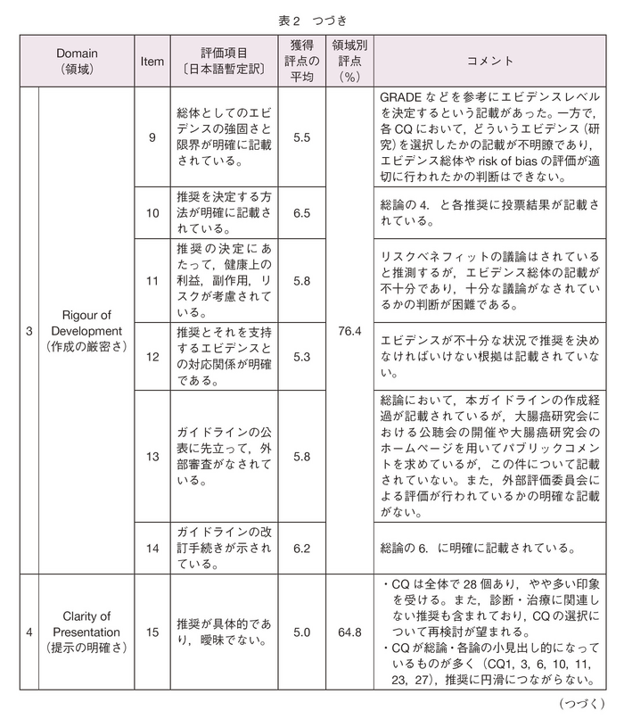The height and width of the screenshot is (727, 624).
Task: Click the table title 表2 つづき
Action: click(x=312, y=18)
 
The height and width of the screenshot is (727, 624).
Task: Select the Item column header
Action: click(x=152, y=61)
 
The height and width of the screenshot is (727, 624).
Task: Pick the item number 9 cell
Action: click(x=152, y=137)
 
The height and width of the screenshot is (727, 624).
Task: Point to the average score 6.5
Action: click(x=301, y=213)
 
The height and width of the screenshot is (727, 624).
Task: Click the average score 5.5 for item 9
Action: click(x=301, y=137)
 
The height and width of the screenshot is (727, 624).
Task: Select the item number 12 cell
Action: click(x=152, y=357)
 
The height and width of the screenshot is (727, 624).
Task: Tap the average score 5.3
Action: click(x=301, y=357)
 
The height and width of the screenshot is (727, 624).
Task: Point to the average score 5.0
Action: click(x=301, y=632)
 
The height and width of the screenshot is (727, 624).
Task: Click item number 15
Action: click(x=152, y=632)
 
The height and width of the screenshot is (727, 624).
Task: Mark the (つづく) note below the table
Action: click(x=582, y=705)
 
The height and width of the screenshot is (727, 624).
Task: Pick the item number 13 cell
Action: click(x=152, y=456)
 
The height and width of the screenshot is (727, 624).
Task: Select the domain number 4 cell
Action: click(x=29, y=632)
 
